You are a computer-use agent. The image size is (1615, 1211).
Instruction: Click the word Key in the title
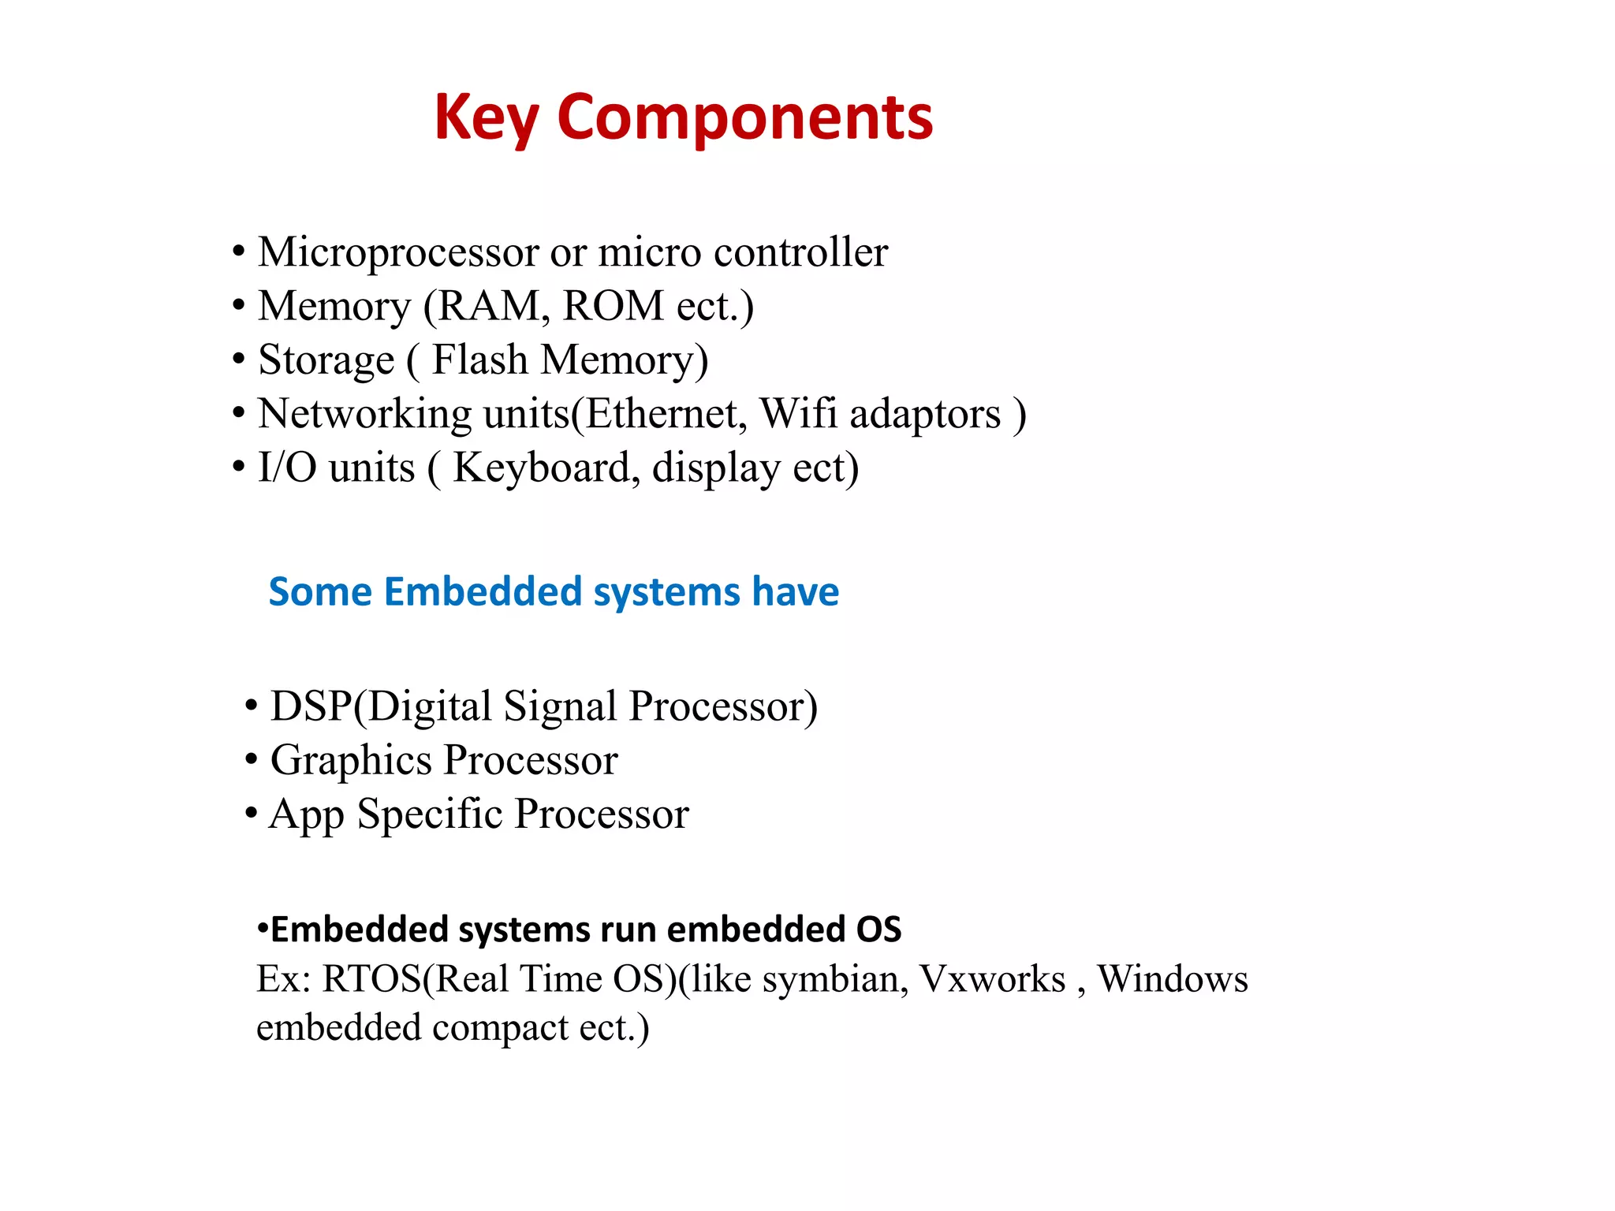486,118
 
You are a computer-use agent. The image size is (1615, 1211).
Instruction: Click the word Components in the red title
744,118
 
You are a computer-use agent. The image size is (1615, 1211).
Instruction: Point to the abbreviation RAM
489,306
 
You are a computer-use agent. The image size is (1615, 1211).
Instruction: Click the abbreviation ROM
614,306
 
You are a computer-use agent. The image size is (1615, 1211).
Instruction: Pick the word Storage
326,360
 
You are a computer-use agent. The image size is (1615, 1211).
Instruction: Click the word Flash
479,360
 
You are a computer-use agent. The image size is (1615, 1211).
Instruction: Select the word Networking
364,414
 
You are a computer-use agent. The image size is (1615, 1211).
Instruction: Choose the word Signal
560,706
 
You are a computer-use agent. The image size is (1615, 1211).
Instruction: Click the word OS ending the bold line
878,930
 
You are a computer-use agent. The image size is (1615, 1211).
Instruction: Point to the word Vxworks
993,979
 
